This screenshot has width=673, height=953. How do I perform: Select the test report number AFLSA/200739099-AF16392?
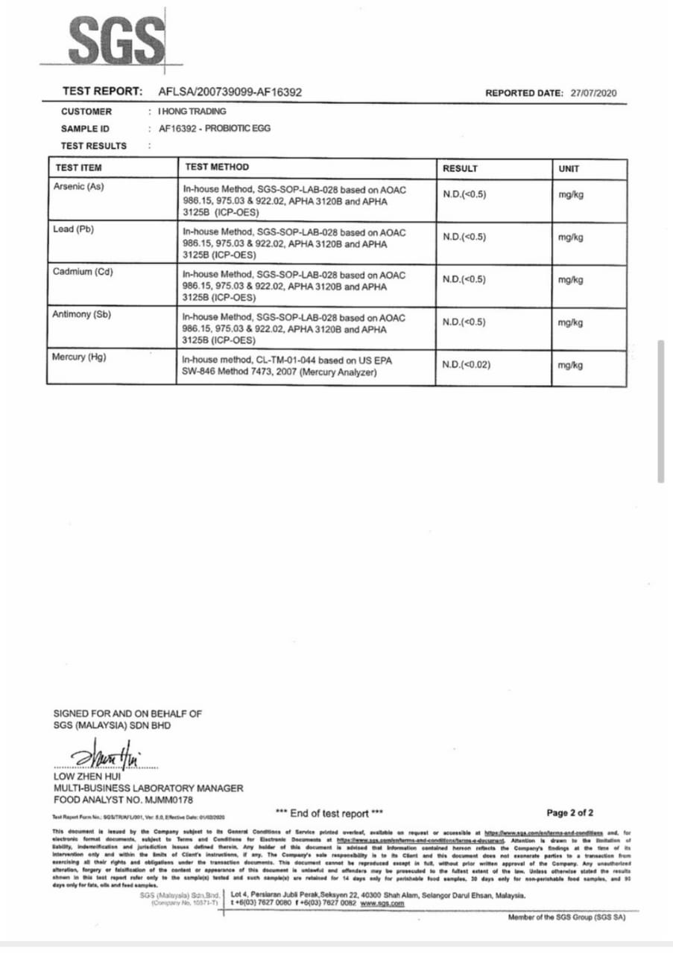230,92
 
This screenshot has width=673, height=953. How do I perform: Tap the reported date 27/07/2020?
594,93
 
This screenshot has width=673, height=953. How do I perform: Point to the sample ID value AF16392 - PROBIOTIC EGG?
215,128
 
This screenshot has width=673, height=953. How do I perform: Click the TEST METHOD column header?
216,168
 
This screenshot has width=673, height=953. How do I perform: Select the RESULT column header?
460,168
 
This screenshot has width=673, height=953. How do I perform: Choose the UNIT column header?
569,169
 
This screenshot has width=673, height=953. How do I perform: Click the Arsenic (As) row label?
78,186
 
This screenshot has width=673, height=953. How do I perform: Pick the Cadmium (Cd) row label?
83,271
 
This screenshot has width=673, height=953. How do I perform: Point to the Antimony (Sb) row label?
82,314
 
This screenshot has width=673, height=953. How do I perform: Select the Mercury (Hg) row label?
79,357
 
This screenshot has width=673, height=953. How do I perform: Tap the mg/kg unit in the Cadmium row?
570,280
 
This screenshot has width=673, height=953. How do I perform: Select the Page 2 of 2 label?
570,812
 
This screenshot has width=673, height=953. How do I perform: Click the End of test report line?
329,813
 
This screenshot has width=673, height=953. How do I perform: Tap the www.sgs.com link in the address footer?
382,903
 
